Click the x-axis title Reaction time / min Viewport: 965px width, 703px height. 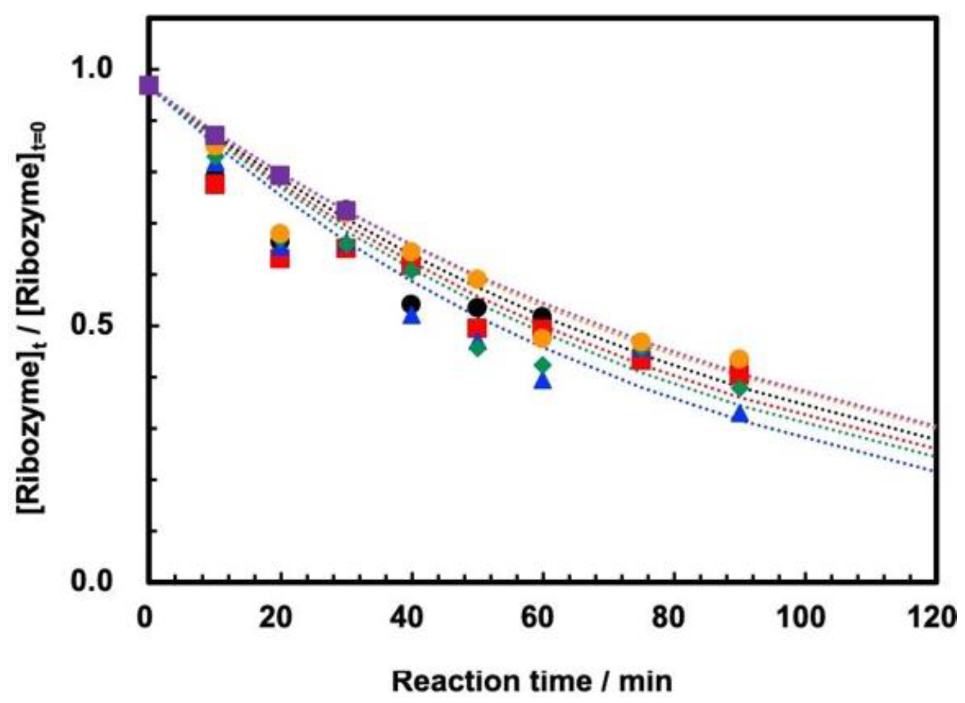click(532, 681)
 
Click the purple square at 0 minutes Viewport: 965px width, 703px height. click(149, 86)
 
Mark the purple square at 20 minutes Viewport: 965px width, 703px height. click(280, 176)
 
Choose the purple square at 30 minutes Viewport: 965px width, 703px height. click(346, 210)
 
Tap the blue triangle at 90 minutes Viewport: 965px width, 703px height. click(740, 414)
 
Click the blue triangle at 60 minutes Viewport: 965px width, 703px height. click(543, 381)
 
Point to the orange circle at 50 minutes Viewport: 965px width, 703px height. click(477, 279)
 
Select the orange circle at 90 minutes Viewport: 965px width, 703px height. click(739, 360)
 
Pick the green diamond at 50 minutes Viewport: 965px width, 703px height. click(477, 347)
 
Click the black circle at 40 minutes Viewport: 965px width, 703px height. click(411, 304)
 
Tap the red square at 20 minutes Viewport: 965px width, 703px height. click(280, 259)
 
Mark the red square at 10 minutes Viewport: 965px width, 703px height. click(215, 185)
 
